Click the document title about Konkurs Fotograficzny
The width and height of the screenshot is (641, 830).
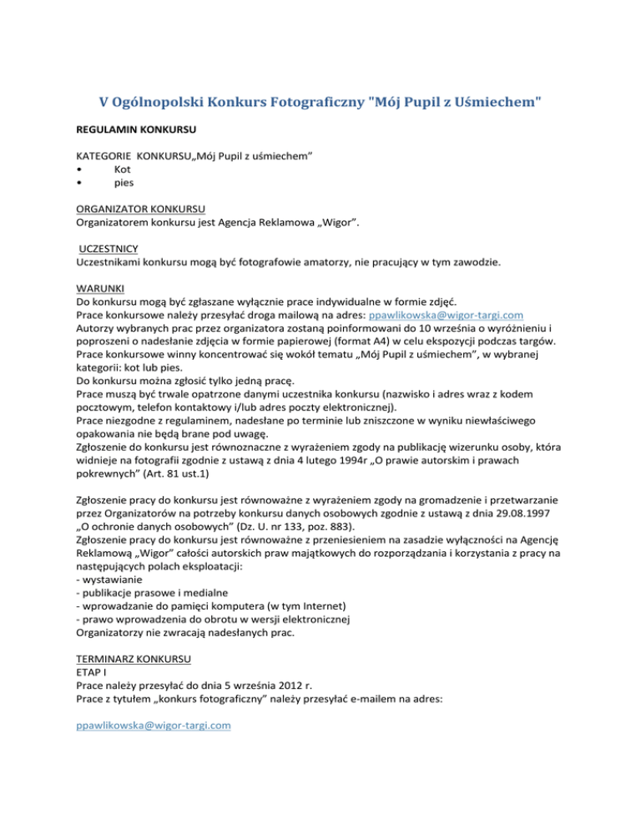point(320,102)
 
